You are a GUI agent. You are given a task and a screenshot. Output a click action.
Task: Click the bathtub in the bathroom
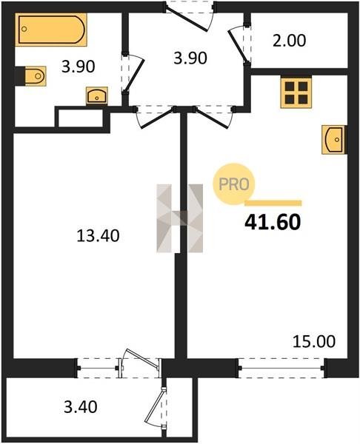pos(50,30)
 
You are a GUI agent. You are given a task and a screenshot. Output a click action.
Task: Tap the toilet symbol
pos(35,76)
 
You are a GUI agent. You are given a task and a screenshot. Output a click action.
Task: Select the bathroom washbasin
pos(97,96)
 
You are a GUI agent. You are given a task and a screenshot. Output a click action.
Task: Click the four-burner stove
pos(296,93)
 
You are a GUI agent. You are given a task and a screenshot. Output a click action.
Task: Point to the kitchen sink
pos(334,140)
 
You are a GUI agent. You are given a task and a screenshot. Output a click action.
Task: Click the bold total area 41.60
pos(273,222)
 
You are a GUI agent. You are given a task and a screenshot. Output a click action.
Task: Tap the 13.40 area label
pos(98,236)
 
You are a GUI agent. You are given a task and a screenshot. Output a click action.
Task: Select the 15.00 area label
pos(314,341)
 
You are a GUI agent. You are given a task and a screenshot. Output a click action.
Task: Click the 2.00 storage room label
pos(290,40)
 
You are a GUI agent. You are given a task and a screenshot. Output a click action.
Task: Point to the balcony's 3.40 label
pos(81,406)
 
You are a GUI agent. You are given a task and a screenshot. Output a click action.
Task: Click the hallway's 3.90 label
pos(190,58)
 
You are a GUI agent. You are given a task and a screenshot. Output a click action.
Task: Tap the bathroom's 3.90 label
pos(79,67)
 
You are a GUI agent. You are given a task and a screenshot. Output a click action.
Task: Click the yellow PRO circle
pos(234,184)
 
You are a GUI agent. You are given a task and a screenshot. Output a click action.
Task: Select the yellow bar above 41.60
pos(273,203)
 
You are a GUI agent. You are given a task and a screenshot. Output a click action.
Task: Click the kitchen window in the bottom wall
pos(281,368)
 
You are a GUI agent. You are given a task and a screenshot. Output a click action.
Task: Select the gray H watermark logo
pos(180,218)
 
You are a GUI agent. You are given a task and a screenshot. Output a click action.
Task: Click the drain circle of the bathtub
pos(24,29)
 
